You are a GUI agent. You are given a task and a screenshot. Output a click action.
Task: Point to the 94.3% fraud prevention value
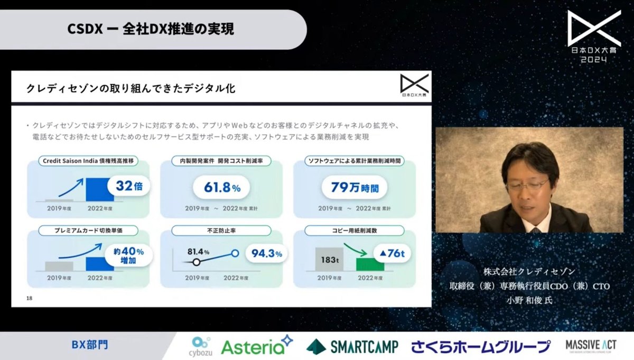[267, 254]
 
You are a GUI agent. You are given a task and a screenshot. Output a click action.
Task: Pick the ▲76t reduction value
[392, 254]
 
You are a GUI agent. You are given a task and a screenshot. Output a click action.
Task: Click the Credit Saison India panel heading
[88, 161]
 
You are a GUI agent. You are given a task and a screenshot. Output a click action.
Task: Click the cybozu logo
[200, 346]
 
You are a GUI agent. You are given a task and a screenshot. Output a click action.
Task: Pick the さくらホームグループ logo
[481, 346]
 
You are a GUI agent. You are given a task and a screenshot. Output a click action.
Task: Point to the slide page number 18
[30, 299]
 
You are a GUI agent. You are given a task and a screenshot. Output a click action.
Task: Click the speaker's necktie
[535, 229]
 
